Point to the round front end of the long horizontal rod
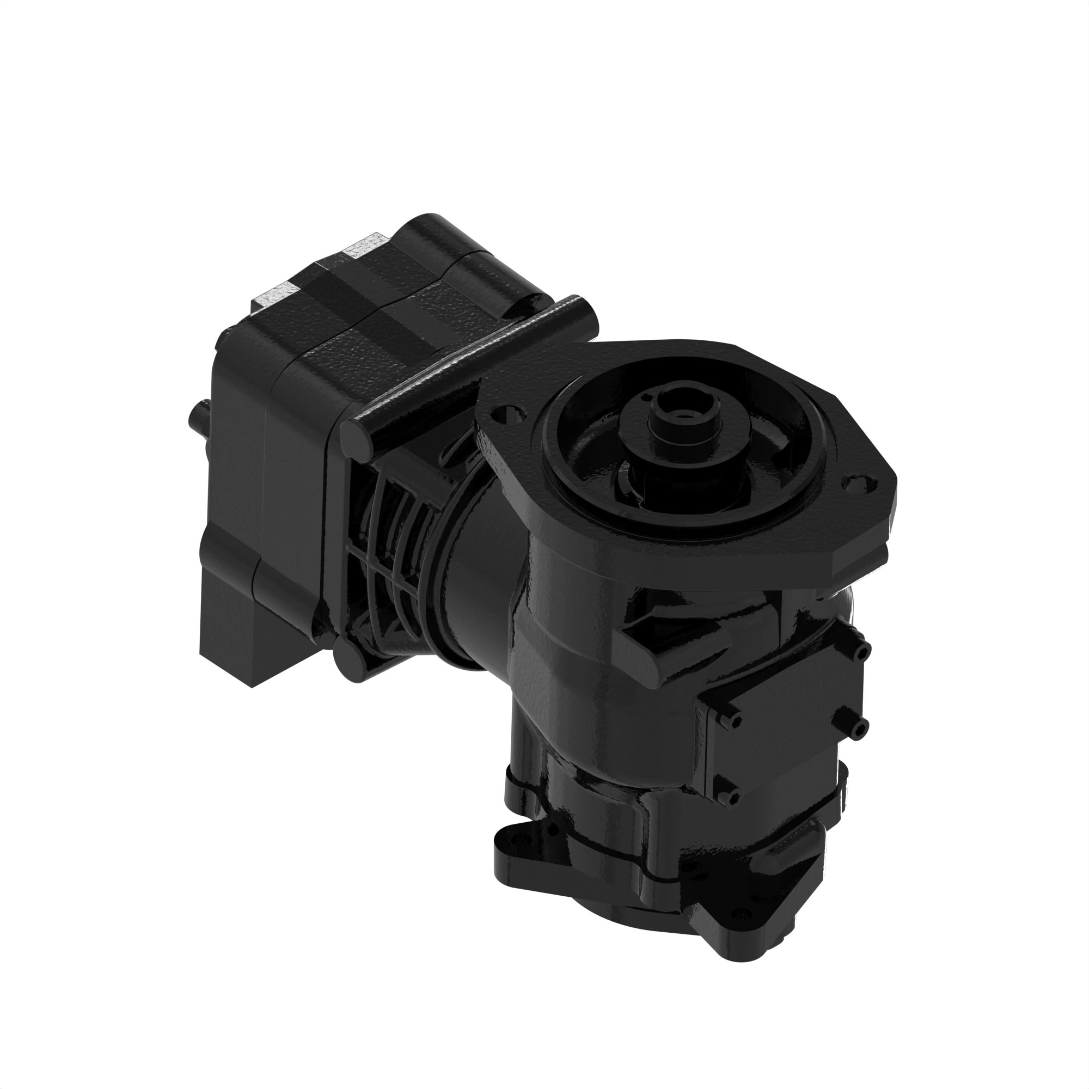pyautogui.click(x=356, y=437)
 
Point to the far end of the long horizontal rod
pyautogui.click(x=580, y=307)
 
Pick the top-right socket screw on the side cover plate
pyautogui.click(x=863, y=652)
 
